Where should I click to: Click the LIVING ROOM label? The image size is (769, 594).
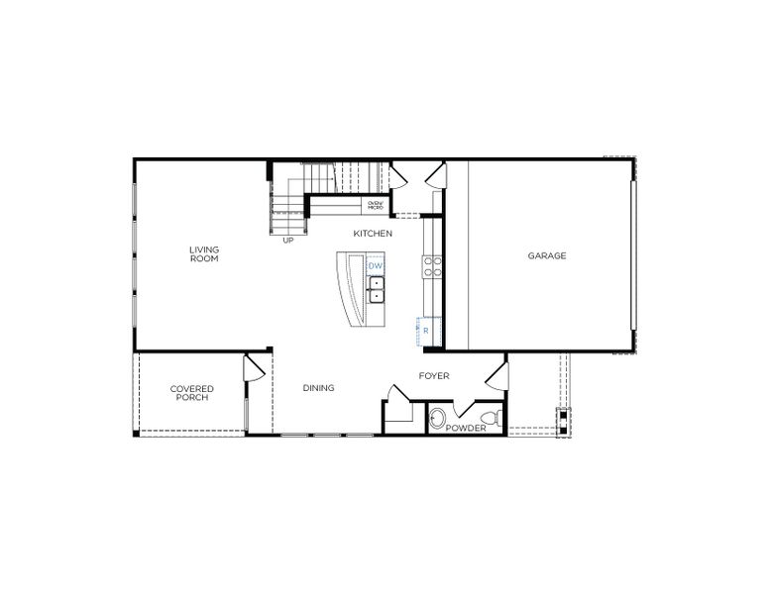pos(205,254)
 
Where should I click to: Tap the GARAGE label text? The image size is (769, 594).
pos(546,255)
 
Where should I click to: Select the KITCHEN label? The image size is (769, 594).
pos(374,234)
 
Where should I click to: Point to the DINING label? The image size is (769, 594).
pos(318,388)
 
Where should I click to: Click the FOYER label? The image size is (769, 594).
pos(434,376)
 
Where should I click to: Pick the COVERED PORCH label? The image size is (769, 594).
pos(191,393)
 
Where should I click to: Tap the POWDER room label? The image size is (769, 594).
pos(466,429)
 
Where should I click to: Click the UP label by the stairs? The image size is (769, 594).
pos(288,240)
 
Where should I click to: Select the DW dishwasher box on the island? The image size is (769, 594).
pos(376,266)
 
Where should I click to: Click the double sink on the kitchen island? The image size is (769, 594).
pos(378,289)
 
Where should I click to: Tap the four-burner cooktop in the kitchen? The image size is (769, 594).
pos(433,264)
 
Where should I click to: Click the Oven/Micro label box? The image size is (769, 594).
pos(376,206)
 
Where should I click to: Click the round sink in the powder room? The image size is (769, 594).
pos(439,418)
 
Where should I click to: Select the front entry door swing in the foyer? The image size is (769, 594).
pos(496,376)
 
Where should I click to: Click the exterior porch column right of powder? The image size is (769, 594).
pos(563,421)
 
